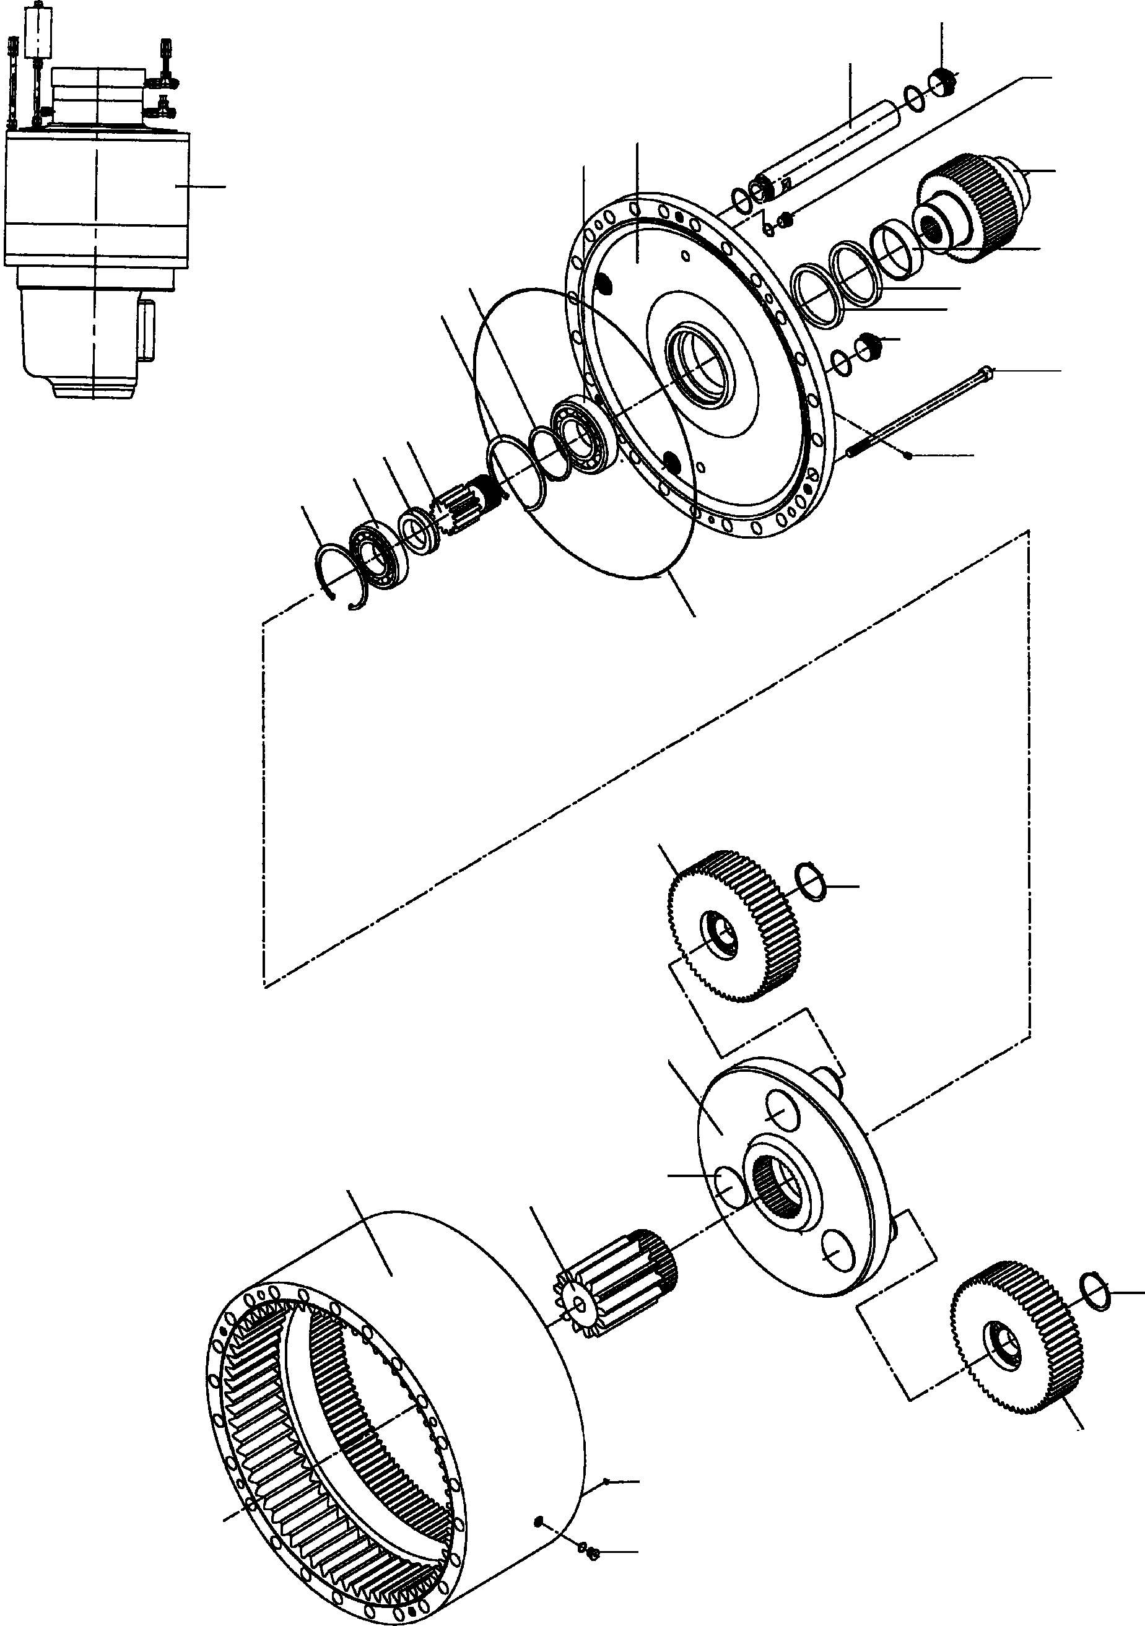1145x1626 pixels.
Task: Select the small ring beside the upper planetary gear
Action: click(811, 882)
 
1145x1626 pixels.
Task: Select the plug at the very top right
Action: click(943, 84)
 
